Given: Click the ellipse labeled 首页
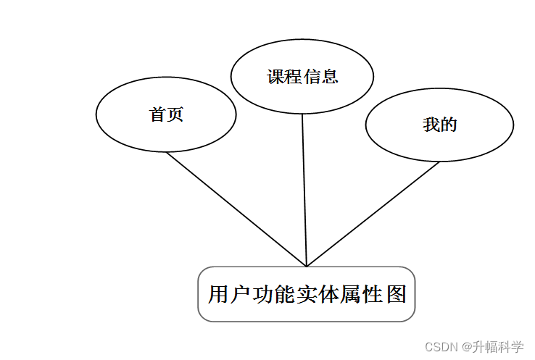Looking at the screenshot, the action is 166,114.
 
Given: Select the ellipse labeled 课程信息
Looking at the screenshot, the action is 302,76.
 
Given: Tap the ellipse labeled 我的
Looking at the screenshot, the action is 439,125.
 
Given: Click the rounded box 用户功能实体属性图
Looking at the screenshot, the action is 307,294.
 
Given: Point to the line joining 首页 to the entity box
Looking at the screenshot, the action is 236,209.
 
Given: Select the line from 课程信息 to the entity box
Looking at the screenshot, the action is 304,190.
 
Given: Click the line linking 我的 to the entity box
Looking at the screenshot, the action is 373,214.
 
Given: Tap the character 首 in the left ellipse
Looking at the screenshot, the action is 157,114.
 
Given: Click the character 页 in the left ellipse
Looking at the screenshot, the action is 175,114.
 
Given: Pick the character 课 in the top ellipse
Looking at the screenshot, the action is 275,77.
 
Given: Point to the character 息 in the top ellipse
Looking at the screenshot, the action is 330,77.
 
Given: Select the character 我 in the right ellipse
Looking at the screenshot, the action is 431,125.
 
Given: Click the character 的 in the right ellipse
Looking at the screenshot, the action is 449,125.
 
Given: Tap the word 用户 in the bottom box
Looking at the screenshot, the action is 228,295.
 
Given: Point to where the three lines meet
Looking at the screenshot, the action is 307,266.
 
